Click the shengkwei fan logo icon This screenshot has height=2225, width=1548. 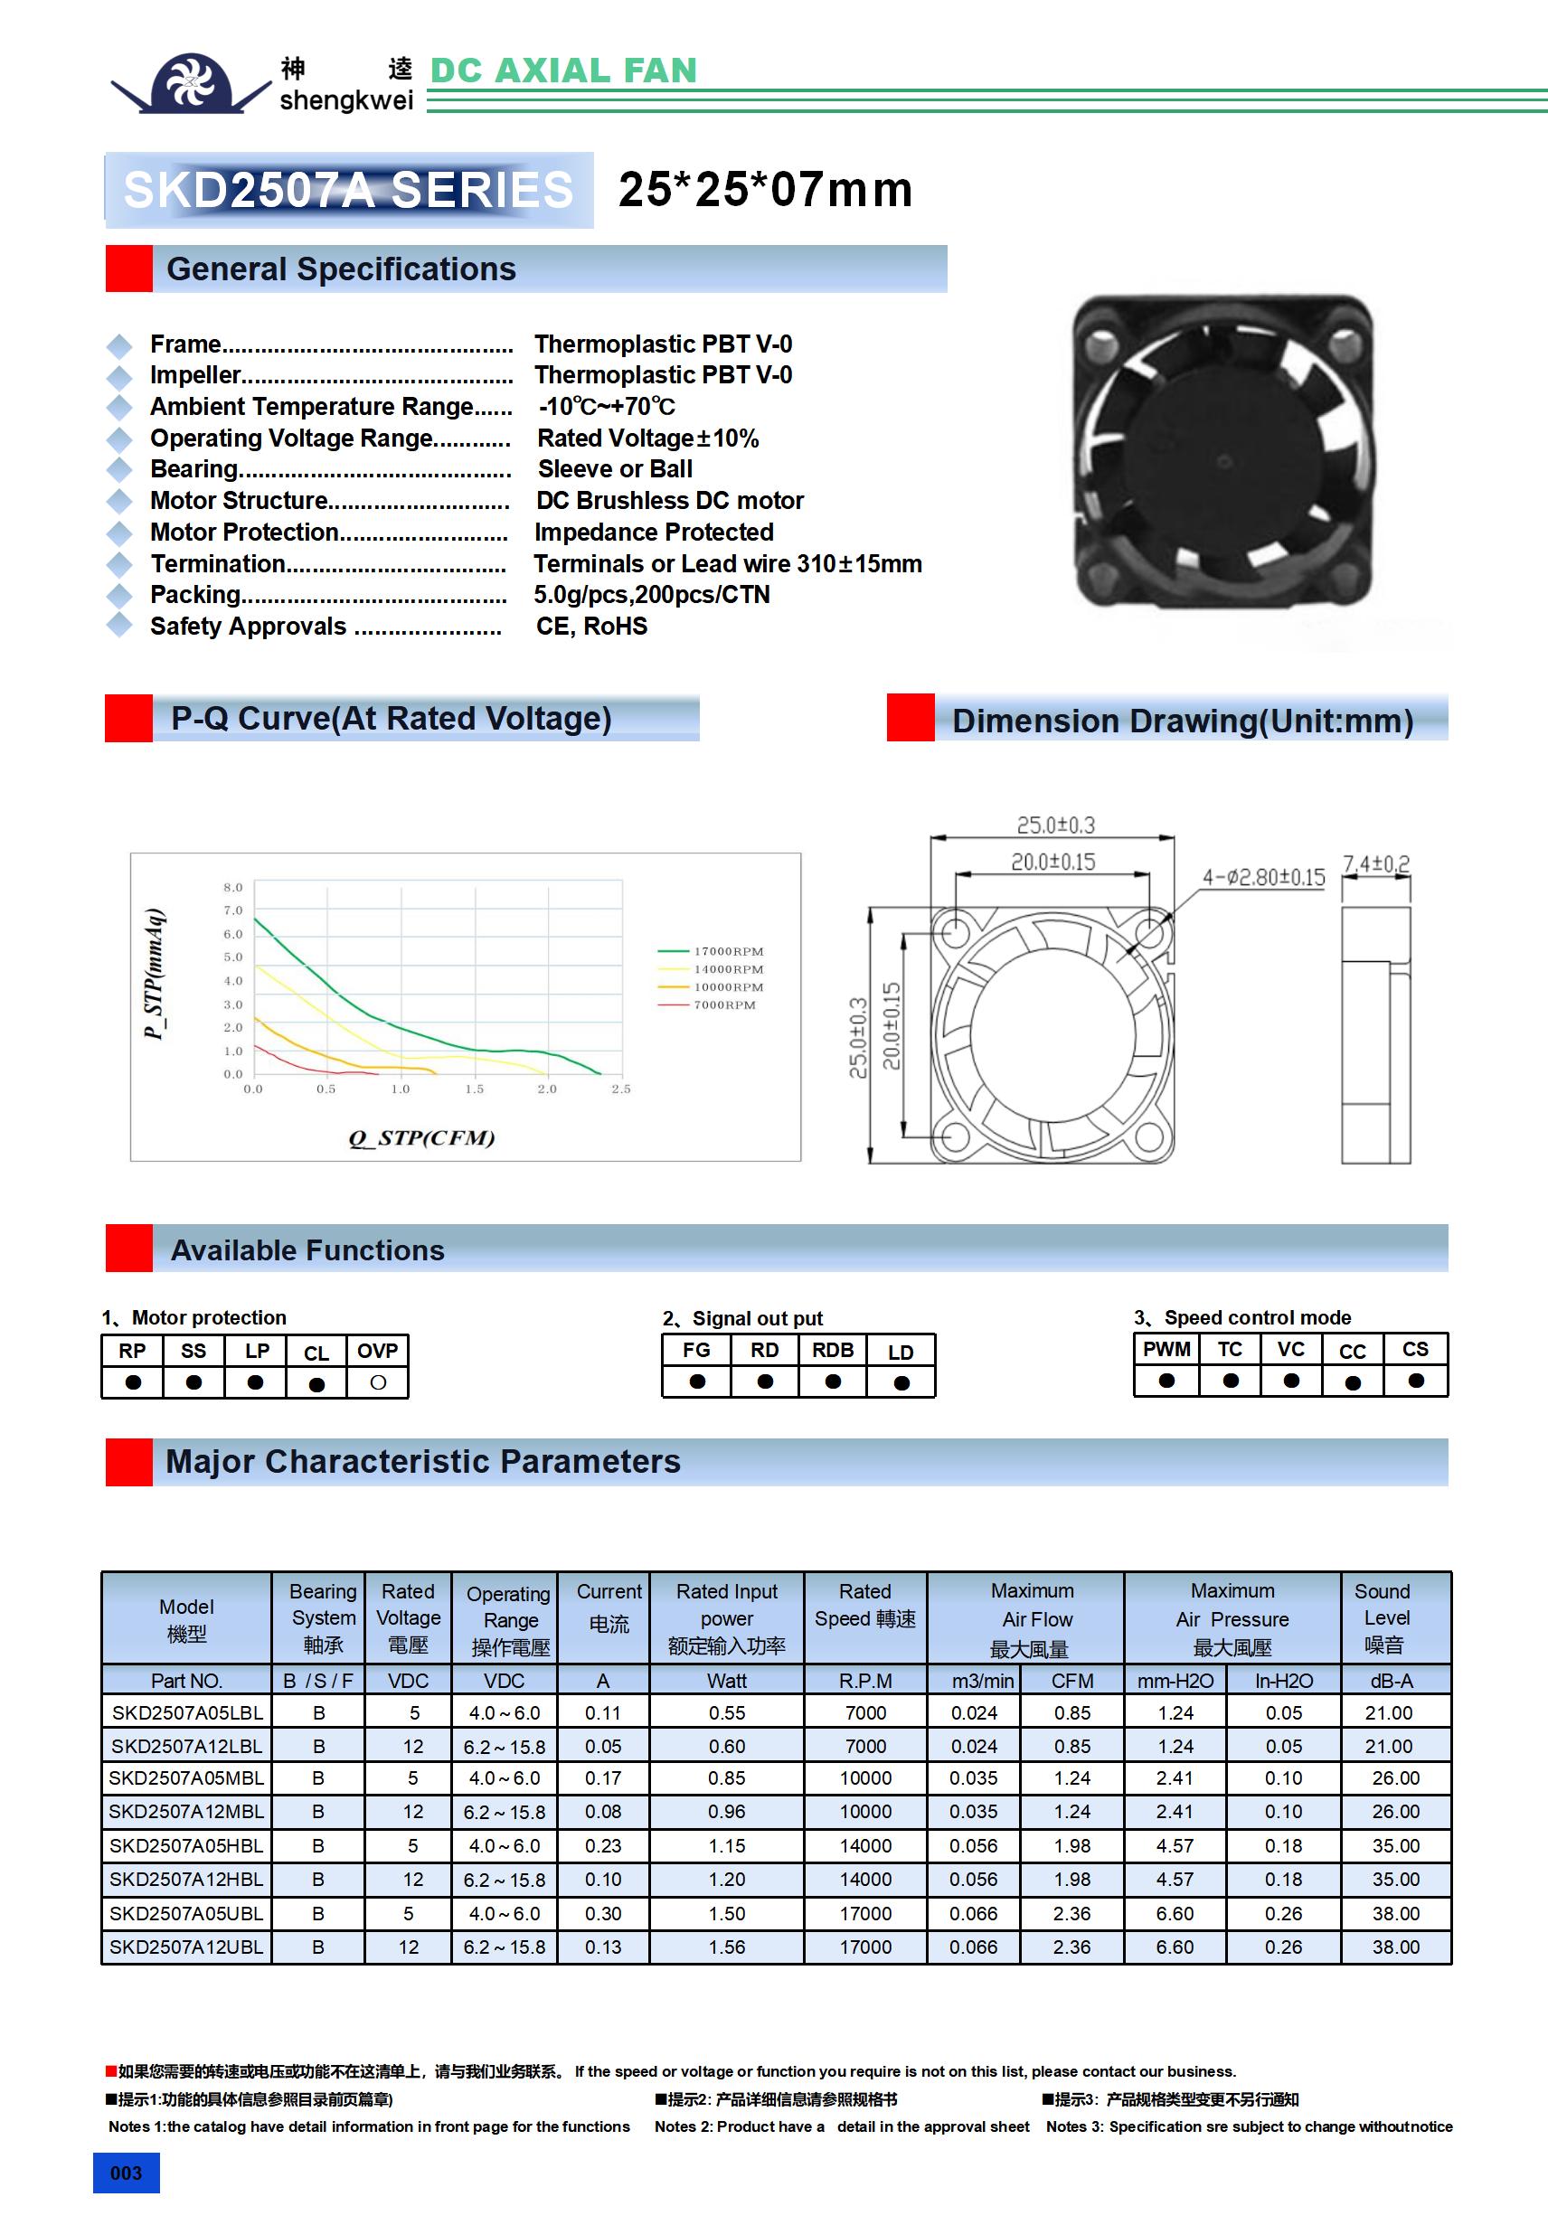(190, 83)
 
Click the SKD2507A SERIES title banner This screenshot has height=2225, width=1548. (348, 190)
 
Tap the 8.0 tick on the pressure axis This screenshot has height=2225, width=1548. (232, 888)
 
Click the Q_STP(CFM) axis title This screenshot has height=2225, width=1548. (421, 1137)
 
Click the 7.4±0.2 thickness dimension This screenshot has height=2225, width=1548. (1375, 863)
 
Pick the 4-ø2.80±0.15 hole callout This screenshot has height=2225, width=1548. (1263, 878)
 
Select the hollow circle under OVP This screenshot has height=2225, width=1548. (378, 1383)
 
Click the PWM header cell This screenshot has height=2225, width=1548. (1166, 1349)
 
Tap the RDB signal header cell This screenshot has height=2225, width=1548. (833, 1350)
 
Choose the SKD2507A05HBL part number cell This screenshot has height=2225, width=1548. (186, 1846)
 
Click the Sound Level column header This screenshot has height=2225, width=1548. (1385, 1617)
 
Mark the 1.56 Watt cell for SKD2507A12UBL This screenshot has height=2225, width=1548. (726, 1947)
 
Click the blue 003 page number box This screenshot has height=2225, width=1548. (126, 2173)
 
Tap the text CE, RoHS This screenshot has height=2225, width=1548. (591, 627)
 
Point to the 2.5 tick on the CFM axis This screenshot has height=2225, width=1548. (621, 1089)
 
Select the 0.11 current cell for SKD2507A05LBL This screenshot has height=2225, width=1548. (603, 1712)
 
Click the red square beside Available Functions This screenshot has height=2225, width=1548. (129, 1249)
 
